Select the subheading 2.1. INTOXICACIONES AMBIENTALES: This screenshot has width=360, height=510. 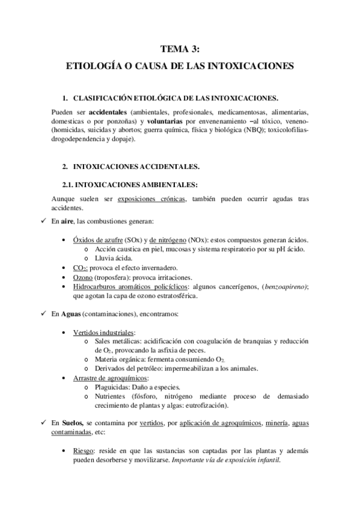134,184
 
